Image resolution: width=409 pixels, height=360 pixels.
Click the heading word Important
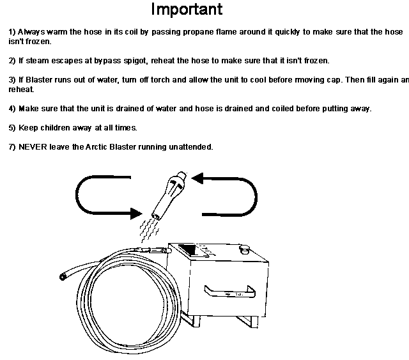tap(187, 10)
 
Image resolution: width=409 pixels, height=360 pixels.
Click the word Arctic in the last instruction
tap(96, 146)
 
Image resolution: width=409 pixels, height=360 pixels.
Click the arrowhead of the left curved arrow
tap(136, 214)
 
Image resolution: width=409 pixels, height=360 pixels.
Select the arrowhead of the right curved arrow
tap(197, 178)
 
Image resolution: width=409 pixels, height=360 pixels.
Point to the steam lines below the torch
tap(149, 231)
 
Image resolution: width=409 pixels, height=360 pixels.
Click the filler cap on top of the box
tap(244, 249)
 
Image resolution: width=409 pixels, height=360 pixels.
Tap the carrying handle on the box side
tap(229, 292)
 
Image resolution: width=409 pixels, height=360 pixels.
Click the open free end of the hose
tap(63, 277)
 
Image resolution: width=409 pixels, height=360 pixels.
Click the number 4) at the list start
tap(12, 109)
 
